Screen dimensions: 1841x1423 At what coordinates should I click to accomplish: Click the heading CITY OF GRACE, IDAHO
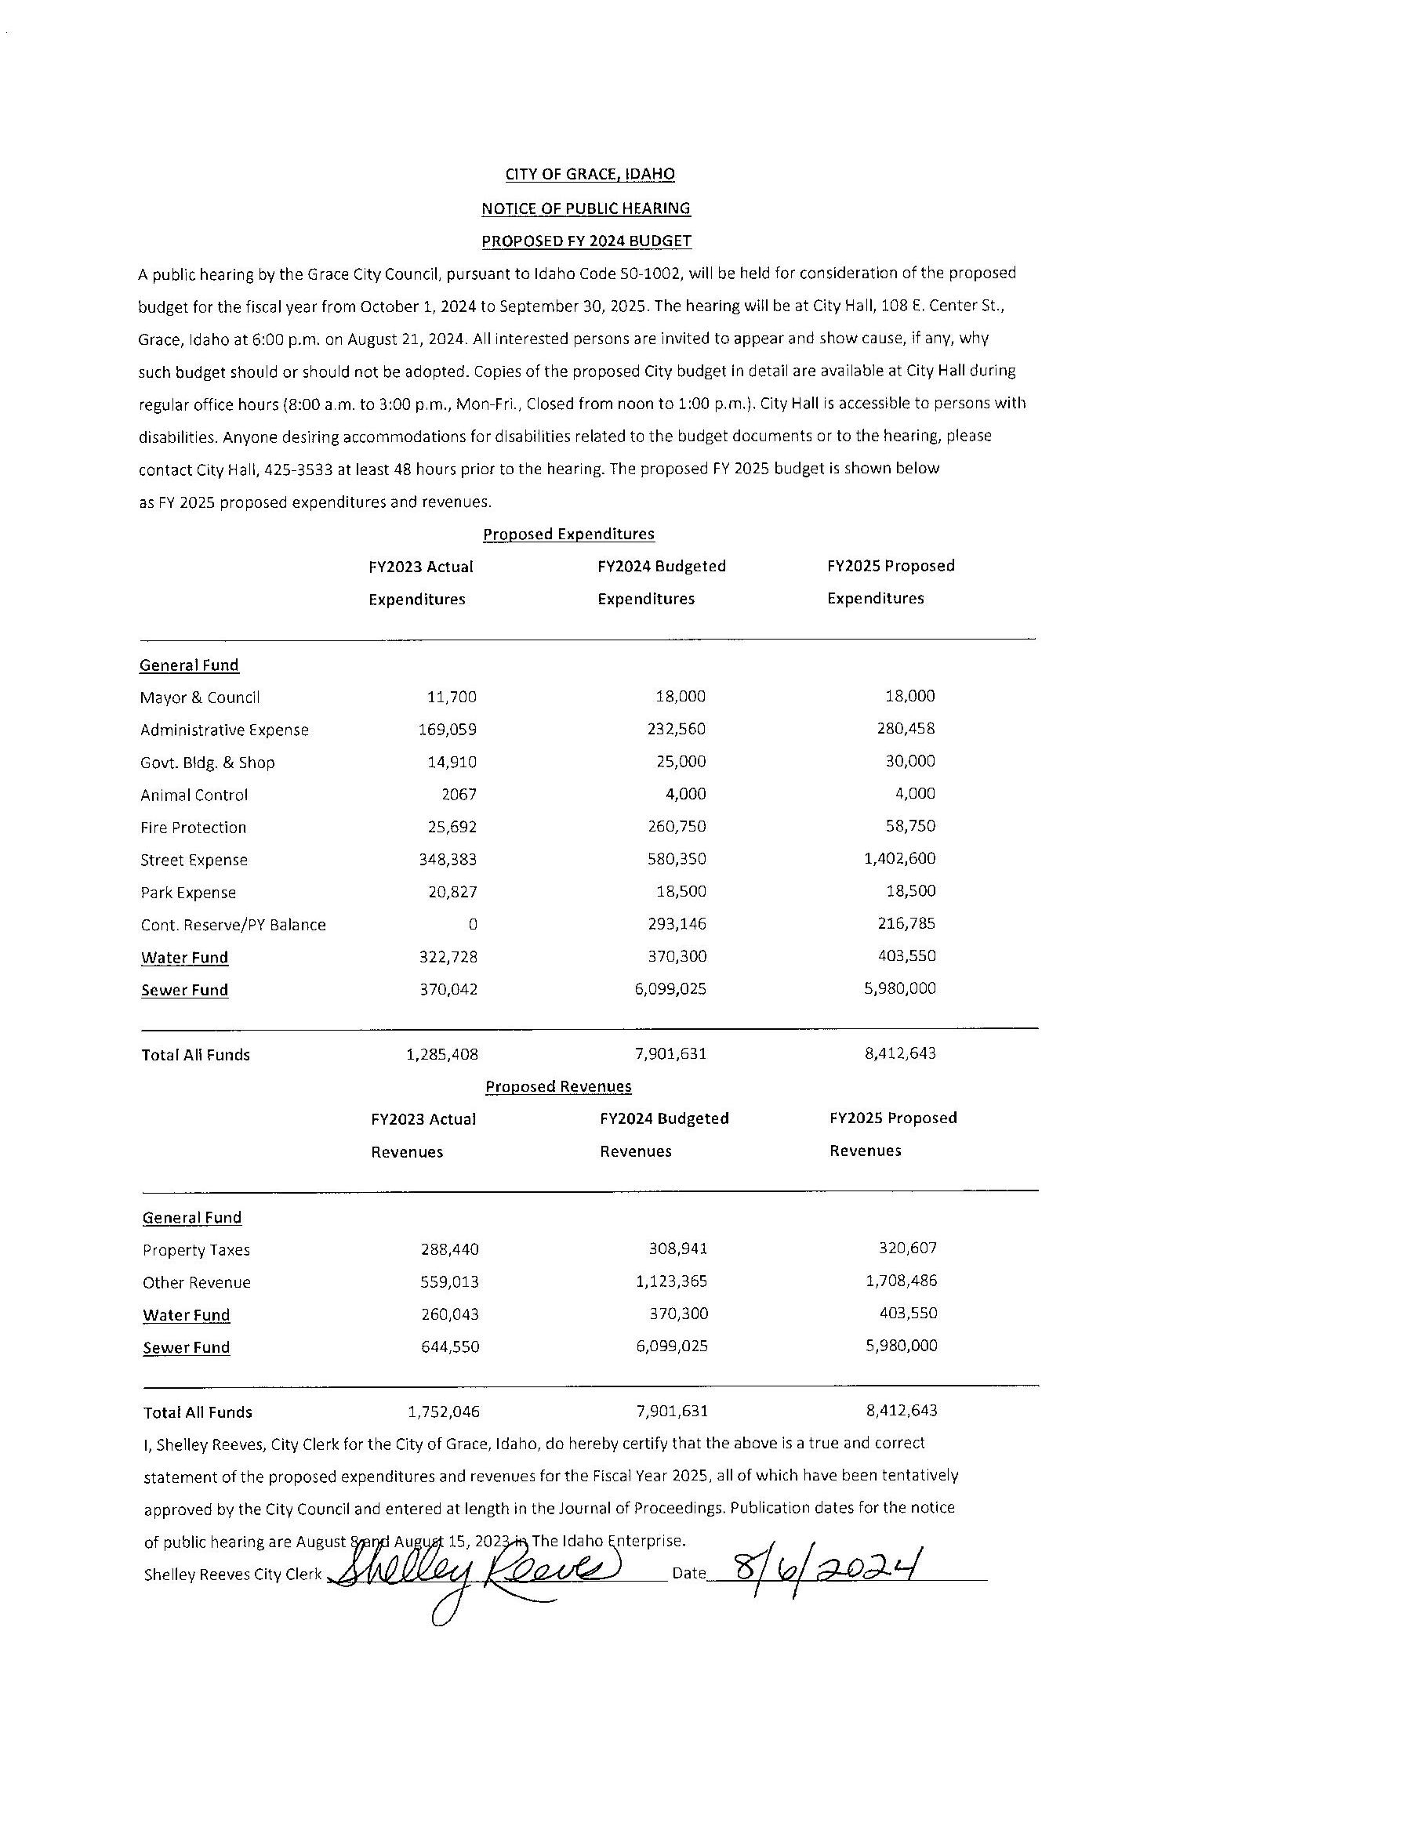(590, 175)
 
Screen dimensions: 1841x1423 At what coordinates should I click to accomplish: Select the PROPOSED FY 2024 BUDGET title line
(586, 241)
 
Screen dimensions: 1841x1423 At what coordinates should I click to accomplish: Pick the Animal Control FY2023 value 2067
(459, 794)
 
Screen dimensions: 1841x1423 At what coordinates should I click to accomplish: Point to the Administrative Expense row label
(224, 730)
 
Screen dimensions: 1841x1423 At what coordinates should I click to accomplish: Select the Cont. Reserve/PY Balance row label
(233, 925)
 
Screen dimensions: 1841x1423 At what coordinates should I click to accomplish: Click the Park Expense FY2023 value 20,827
(452, 892)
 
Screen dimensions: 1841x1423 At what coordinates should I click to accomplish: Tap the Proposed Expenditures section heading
(568, 534)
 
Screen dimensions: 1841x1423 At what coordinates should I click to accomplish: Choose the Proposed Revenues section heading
(558, 1086)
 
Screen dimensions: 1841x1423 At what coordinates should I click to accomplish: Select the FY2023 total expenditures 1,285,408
(441, 1053)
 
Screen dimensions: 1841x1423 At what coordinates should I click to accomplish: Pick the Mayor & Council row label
(200, 697)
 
